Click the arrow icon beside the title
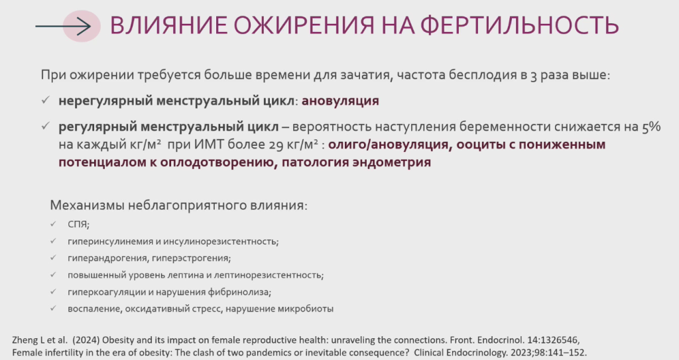coord(63,27)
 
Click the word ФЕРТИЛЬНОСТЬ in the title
coord(520,25)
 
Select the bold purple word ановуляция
coord(340,101)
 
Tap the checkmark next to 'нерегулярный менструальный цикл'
coord(46,100)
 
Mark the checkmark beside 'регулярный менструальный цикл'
coord(46,126)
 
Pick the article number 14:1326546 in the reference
coord(552,340)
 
